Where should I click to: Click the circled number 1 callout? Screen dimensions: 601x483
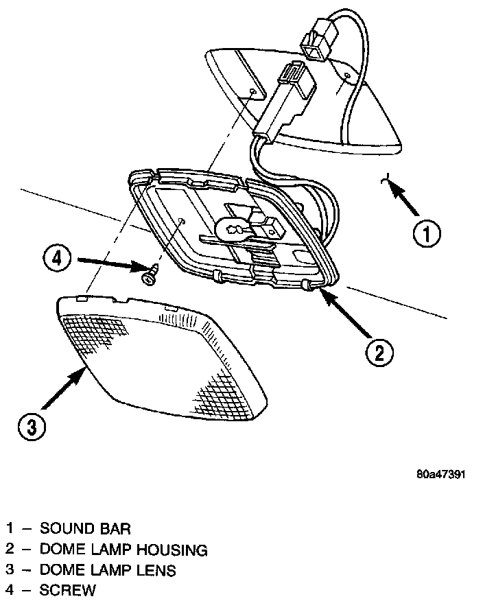pos(426,233)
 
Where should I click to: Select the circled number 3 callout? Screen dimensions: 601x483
pos(32,427)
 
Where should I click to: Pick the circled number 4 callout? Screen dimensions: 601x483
pos(58,259)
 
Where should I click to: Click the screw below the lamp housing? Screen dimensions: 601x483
pos(148,276)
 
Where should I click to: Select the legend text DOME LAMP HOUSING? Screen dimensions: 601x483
pos(123,549)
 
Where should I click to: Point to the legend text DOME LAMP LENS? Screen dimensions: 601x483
pos(108,569)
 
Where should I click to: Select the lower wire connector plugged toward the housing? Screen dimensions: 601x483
pos(285,96)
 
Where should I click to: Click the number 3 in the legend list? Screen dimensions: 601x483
pos(10,569)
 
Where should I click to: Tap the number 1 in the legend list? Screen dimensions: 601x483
pos(10,528)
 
